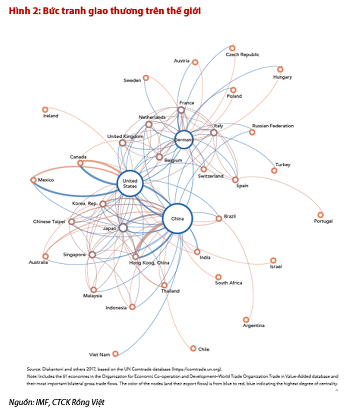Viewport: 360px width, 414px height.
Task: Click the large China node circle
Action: click(178, 219)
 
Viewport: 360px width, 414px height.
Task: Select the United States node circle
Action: click(130, 183)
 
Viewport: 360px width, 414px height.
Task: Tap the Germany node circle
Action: click(183, 140)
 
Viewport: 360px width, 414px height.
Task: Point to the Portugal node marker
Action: click(321, 213)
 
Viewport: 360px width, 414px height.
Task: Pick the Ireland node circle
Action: click(45, 109)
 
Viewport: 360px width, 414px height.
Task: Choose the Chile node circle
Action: click(193, 348)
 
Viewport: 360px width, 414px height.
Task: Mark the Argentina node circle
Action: click(246, 319)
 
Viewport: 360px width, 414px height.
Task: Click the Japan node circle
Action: click(123, 228)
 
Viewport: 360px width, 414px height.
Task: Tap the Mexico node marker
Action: click(34, 180)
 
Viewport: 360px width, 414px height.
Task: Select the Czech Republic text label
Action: click(243, 55)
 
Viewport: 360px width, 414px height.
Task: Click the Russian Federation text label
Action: click(273, 126)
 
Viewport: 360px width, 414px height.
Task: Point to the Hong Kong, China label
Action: click(149, 263)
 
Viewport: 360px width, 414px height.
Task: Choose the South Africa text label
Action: click(228, 283)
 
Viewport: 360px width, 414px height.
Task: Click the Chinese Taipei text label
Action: click(49, 221)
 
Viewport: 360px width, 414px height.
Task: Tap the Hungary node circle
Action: click(280, 69)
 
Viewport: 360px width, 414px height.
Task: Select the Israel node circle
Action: click(273, 260)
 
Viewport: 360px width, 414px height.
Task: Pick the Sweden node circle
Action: click(146, 78)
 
